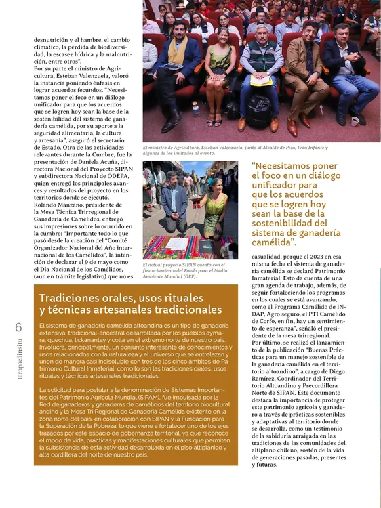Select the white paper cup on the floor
pos(355,121)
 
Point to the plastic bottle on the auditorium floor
pos(196,108)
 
